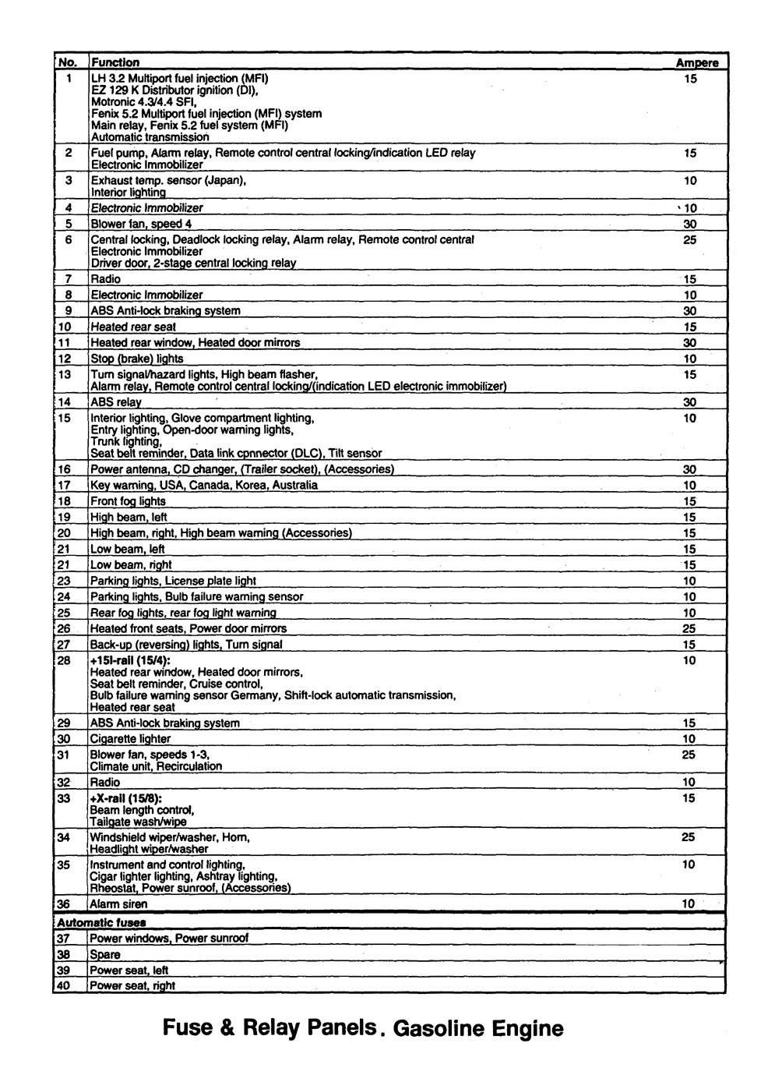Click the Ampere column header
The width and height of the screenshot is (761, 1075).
(696, 62)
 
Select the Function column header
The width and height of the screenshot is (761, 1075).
(115, 62)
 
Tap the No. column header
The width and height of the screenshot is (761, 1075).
(69, 62)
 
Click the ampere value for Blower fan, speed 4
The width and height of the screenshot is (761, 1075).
(689, 225)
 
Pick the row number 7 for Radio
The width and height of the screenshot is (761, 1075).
(69, 279)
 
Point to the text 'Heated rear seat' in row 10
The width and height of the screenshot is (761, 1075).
(133, 327)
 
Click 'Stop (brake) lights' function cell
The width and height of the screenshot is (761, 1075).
(137, 359)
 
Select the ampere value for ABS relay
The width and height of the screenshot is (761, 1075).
(689, 403)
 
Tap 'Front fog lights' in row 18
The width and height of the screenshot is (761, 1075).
(128, 502)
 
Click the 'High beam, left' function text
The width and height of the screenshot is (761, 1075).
(129, 518)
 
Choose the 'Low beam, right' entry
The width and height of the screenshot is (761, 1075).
(131, 565)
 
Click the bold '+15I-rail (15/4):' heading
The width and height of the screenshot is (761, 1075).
(130, 661)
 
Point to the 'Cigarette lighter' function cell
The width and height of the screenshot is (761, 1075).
(130, 739)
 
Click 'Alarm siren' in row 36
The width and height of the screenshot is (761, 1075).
(118, 904)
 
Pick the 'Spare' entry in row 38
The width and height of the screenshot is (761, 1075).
(105, 955)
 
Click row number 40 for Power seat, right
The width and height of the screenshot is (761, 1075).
(64, 986)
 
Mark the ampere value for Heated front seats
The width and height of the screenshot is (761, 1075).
(689, 629)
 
